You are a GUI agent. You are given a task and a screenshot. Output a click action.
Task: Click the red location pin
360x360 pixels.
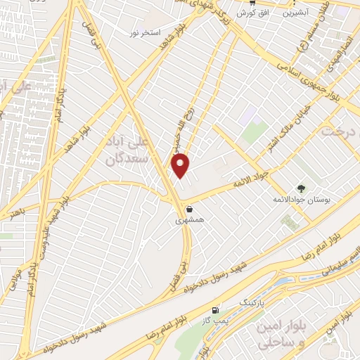[181, 165]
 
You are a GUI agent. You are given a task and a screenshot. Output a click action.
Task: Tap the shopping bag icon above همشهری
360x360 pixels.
[190, 209]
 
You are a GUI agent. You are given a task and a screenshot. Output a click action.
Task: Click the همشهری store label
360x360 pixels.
[190, 219]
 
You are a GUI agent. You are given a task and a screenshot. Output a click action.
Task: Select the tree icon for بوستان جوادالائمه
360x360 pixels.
[301, 188]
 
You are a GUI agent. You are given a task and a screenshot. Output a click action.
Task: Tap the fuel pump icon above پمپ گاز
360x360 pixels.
[215, 310]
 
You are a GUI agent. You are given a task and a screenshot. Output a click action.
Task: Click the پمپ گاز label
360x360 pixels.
[215, 321]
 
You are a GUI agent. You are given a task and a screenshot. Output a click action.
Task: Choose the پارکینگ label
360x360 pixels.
[254, 302]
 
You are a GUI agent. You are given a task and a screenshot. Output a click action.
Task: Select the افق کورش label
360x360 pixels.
[248, 13]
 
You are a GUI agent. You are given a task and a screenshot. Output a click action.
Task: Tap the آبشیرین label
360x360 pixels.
[297, 13]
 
